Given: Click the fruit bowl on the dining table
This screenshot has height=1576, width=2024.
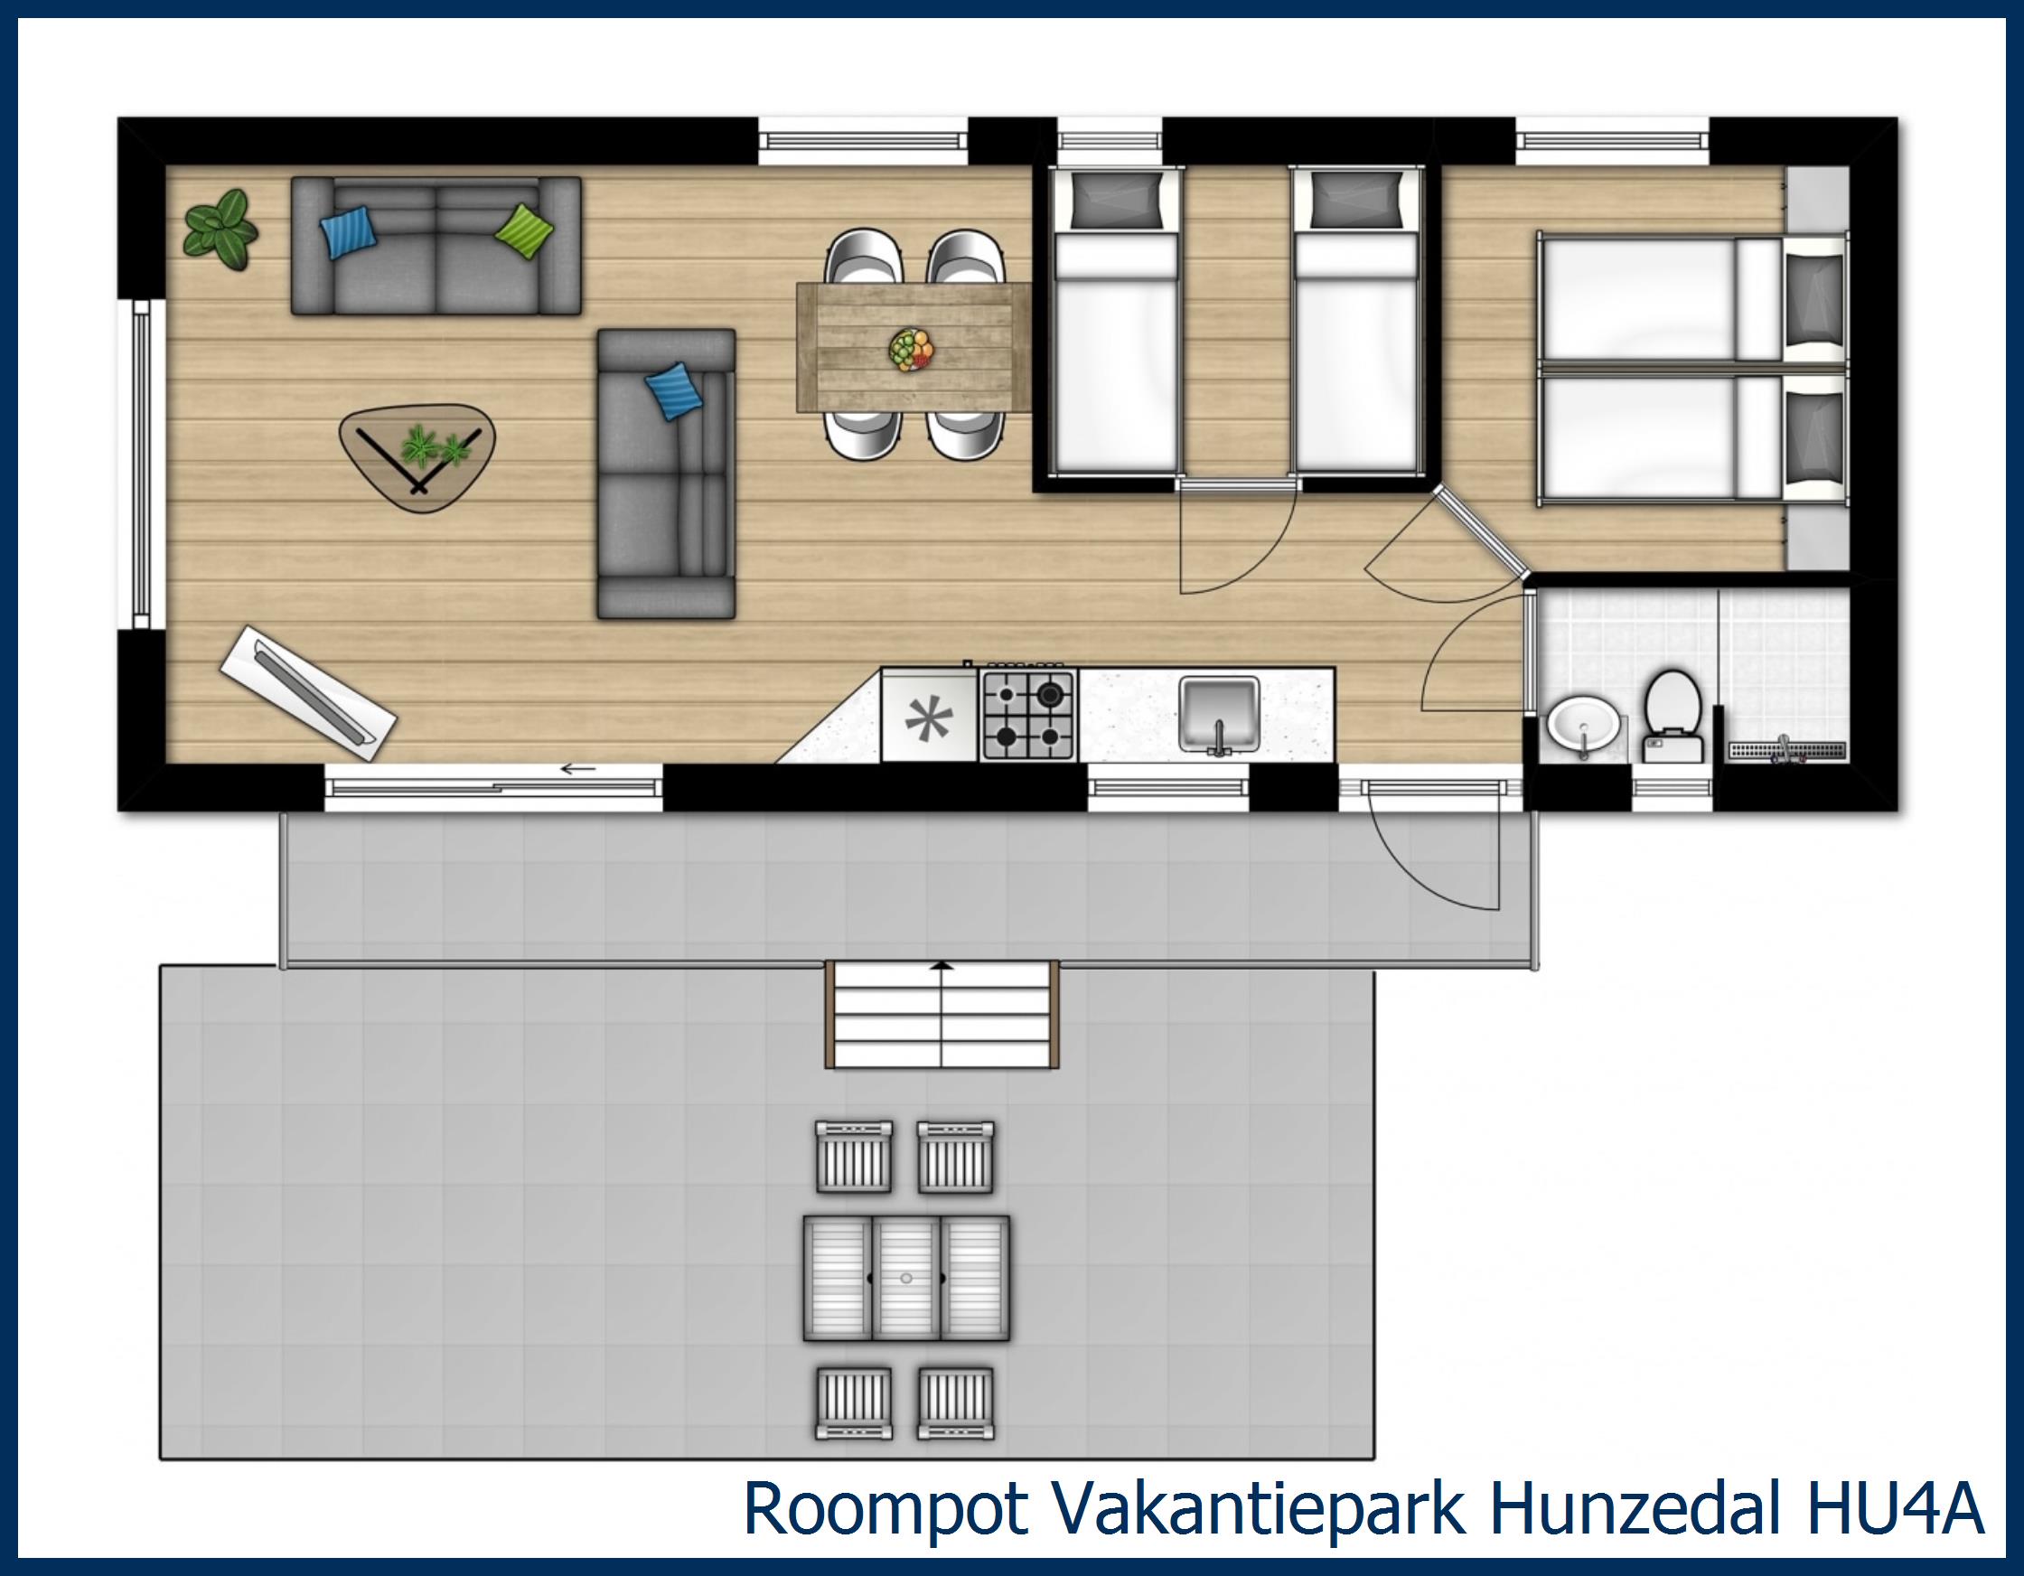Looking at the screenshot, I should (913, 351).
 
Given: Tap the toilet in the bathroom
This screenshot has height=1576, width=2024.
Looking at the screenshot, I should (1673, 714).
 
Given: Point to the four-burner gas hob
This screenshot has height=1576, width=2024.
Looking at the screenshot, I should (1026, 715).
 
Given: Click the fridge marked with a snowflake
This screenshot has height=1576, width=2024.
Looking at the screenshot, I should (929, 717).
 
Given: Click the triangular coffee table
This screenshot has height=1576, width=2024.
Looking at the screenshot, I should (418, 458).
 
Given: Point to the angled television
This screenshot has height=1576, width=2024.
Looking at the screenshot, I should (309, 687).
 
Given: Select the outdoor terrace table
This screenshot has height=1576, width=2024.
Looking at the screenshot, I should (905, 1279).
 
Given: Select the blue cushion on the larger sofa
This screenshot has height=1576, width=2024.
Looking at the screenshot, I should (349, 231).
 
